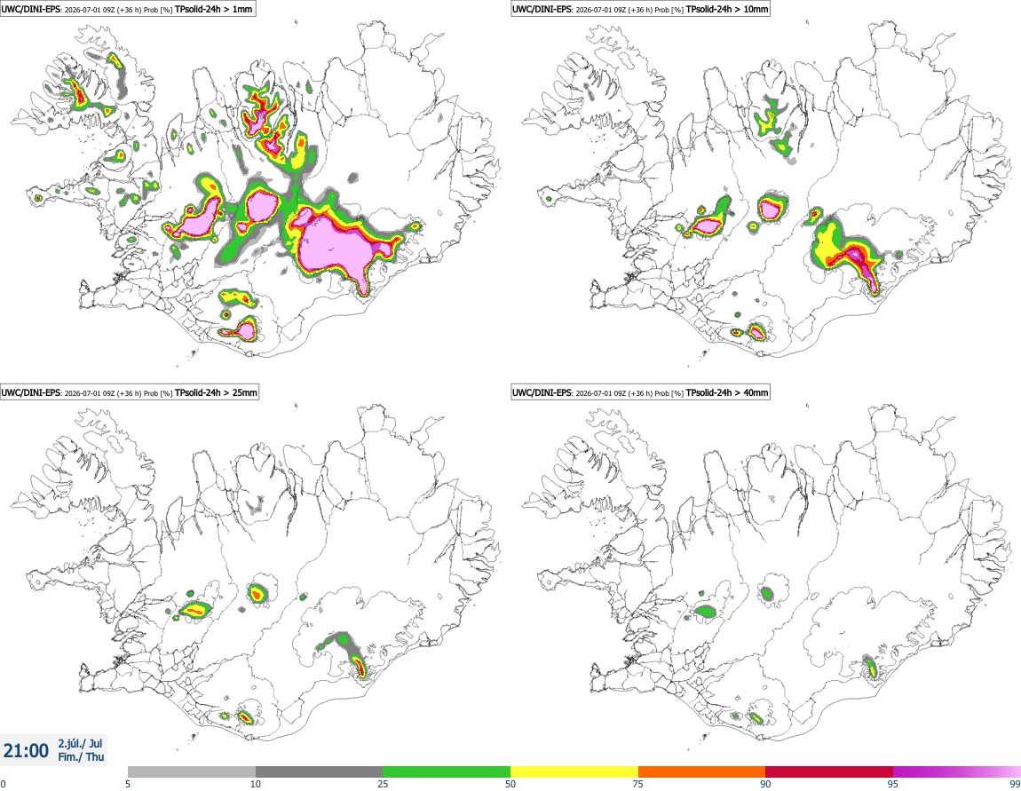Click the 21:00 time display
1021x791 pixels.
(x=26, y=751)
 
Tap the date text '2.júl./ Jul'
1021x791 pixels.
(x=80, y=743)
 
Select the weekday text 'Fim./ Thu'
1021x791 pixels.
(x=81, y=756)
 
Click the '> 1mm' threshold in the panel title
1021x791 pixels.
(x=238, y=9)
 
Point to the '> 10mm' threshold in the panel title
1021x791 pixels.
(x=751, y=9)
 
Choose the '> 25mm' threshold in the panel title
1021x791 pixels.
(x=241, y=392)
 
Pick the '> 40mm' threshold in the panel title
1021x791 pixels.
(x=751, y=392)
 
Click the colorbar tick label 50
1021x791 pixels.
(x=510, y=784)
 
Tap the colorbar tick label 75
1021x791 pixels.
(x=638, y=784)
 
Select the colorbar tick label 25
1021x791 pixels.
(x=383, y=784)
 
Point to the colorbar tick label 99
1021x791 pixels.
(x=1015, y=784)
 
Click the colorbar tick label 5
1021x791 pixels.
(x=128, y=784)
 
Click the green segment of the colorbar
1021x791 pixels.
(x=447, y=771)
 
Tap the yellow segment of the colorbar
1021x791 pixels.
(x=574, y=771)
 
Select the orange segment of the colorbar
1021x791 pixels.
(x=702, y=771)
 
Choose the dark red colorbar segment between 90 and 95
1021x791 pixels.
(x=829, y=771)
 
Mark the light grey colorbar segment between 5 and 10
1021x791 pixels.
(x=192, y=771)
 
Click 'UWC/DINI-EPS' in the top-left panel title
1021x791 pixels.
(x=31, y=9)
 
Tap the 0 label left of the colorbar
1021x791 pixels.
(x=4, y=784)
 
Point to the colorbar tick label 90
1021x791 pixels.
(x=765, y=784)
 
